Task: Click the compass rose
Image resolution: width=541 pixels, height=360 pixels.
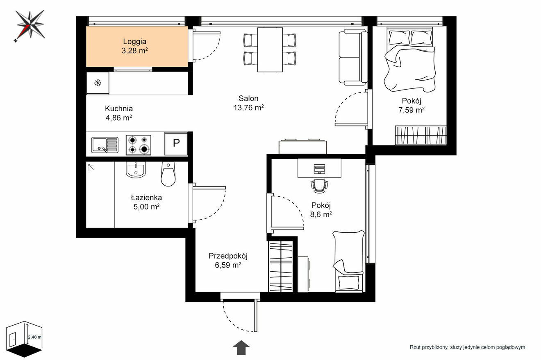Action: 30,25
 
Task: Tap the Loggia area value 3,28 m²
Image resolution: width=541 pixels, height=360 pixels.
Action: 134,51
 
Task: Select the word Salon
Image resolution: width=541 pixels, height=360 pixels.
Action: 248,98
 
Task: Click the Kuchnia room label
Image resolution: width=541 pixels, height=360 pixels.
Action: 119,108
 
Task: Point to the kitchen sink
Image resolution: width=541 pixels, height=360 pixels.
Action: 105,145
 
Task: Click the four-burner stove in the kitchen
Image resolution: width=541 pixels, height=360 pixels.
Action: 139,145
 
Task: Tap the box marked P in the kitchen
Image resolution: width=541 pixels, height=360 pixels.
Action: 176,144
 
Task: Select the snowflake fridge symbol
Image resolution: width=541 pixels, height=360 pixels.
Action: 98,83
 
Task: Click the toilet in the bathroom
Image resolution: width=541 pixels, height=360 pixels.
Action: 168,174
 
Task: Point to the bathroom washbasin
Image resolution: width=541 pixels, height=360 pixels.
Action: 136,170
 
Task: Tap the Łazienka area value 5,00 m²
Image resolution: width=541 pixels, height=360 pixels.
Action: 146,207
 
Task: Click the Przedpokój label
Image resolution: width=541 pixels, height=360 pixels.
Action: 228,256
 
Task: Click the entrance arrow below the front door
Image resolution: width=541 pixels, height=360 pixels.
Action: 241,347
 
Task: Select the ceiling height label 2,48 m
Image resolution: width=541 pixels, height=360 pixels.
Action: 34,337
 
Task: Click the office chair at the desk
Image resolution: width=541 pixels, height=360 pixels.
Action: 319,186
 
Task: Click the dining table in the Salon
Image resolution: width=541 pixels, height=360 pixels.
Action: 270,49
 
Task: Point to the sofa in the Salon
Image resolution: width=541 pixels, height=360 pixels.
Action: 353,57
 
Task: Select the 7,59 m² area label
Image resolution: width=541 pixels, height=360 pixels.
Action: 411,110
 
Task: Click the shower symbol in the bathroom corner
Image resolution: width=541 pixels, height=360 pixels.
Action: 91,167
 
